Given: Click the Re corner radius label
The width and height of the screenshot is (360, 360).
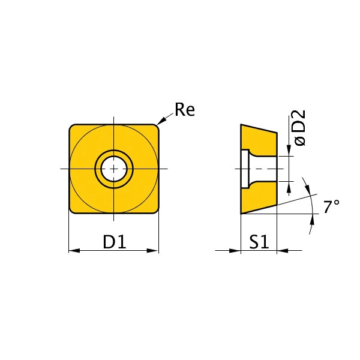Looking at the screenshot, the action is [x=185, y=110].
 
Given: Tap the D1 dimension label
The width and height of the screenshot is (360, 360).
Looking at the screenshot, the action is [x=115, y=242].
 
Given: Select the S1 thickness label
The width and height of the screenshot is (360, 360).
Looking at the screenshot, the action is [x=259, y=242].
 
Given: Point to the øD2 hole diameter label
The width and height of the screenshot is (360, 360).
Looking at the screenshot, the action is [x=299, y=127].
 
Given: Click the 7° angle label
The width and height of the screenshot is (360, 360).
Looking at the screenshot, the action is [x=331, y=206].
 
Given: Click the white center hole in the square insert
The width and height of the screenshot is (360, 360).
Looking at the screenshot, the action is [x=114, y=169].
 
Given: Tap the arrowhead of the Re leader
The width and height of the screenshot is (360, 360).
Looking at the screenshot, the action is [x=161, y=121].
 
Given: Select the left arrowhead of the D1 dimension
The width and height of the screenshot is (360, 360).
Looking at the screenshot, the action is [x=74, y=250].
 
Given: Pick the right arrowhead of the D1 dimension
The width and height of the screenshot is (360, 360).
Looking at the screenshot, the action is [x=152, y=250].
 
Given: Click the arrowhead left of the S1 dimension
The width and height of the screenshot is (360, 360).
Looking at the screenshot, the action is [x=235, y=250].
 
